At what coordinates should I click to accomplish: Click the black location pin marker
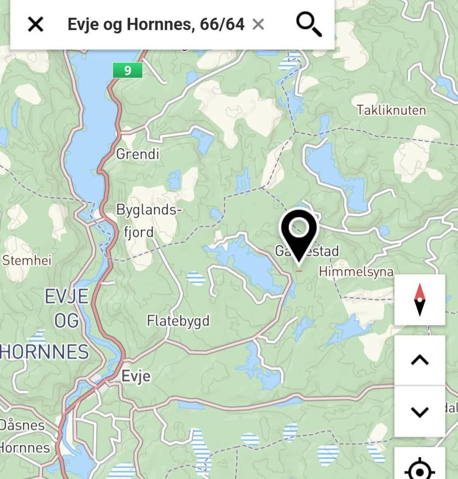click(299, 231)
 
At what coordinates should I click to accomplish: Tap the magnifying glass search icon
click(309, 24)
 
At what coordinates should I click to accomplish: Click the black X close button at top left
click(35, 24)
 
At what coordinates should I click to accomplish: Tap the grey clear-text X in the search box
click(258, 24)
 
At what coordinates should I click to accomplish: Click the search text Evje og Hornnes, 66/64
click(156, 24)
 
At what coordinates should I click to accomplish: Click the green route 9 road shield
click(127, 71)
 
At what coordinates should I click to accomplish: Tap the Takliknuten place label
click(391, 110)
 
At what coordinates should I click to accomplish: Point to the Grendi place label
click(138, 154)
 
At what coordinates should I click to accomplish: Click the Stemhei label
click(27, 260)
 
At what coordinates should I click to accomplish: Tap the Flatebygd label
click(178, 320)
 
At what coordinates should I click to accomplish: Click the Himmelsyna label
click(356, 272)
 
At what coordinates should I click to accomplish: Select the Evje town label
click(136, 376)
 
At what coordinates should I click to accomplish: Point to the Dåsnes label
click(22, 425)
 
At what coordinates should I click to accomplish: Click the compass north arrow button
click(419, 300)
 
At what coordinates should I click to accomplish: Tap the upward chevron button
click(419, 360)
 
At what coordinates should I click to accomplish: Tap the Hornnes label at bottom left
click(25, 448)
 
